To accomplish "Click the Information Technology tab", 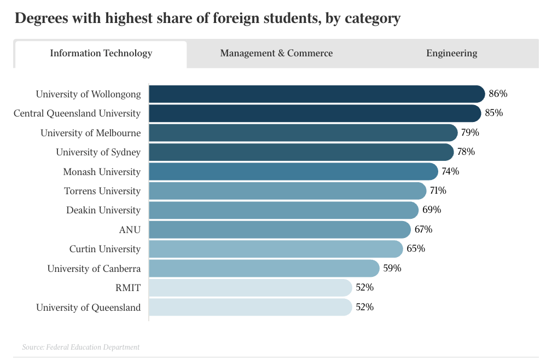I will click(x=101, y=54).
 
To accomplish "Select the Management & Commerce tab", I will click(x=276, y=54).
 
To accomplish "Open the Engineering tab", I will click(x=451, y=54).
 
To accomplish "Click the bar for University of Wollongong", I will click(x=316, y=94).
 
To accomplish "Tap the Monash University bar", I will click(x=293, y=172).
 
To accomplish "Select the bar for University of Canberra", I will click(x=264, y=269).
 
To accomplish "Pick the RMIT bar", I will click(x=250, y=288).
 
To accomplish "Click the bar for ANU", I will click(x=279, y=230).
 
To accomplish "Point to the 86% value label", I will click(x=498, y=94).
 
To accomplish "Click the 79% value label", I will click(x=470, y=133).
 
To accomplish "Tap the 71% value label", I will click(x=438, y=191).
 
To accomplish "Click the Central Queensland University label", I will click(x=77, y=114).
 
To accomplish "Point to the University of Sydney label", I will click(x=98, y=152).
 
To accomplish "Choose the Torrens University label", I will click(x=102, y=191).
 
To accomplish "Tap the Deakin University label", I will click(x=103, y=211).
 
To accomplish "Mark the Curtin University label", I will click(x=105, y=249).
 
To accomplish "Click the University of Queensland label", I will click(x=88, y=307).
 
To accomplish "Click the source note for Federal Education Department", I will click(x=80, y=347).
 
